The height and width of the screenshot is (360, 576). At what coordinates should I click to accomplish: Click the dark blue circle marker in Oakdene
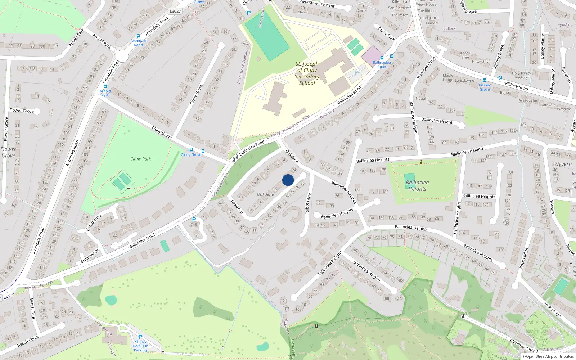coord(288,180)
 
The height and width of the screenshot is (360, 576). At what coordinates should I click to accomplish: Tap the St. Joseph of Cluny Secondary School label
coord(307,73)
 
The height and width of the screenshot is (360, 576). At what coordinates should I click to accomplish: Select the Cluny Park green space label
coord(140,159)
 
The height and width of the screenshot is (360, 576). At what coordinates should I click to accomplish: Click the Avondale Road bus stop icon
coord(138,36)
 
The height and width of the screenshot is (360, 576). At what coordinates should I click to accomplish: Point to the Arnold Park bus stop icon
coord(105,86)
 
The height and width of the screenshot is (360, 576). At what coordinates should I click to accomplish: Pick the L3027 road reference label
coord(175,11)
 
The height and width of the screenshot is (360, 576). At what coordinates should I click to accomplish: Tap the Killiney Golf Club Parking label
coord(140,346)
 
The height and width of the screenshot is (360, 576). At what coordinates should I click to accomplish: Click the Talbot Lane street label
coord(308,203)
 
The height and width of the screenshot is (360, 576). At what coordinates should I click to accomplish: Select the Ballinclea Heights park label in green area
coord(417,186)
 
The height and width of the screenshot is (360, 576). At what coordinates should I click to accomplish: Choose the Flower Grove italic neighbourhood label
coord(8,152)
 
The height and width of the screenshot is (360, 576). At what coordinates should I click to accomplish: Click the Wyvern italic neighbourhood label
coord(563,164)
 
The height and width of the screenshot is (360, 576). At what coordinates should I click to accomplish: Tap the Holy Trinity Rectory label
coord(521,75)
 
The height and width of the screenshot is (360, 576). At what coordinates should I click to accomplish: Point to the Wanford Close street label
coord(426,68)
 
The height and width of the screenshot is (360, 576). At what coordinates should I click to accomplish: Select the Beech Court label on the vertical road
coord(32,309)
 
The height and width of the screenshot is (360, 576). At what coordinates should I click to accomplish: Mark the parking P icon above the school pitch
coord(248,13)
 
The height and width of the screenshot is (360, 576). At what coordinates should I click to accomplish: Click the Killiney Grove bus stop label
coord(485,87)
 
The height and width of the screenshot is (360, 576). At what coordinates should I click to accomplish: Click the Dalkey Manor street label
coord(543,46)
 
